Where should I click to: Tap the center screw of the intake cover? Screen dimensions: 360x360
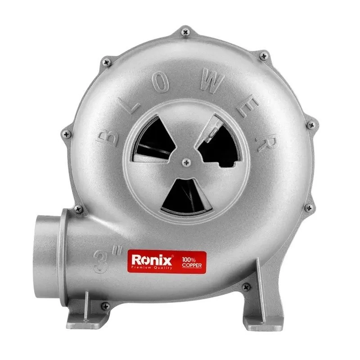(x=186, y=162)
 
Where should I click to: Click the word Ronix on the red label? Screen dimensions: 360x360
(x=152, y=260)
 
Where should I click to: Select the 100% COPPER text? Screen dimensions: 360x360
(x=192, y=263)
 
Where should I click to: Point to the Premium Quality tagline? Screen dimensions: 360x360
(x=152, y=268)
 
